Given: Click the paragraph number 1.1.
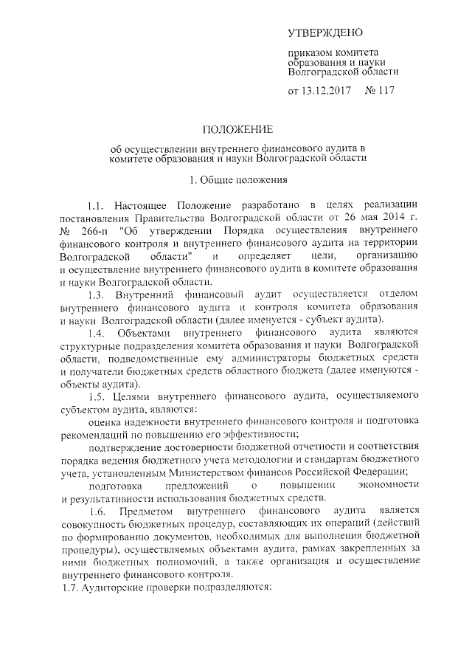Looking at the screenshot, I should [x=95, y=204].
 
